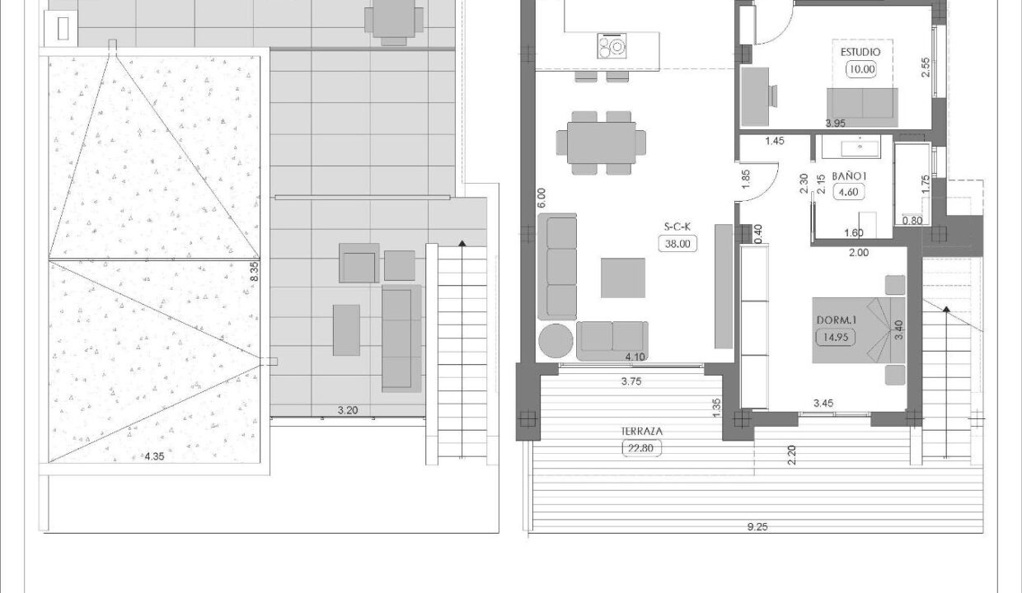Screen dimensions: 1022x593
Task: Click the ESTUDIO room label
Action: (x=860, y=53)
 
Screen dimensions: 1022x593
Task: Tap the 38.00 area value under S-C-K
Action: (x=677, y=244)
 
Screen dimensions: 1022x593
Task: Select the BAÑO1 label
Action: (x=849, y=176)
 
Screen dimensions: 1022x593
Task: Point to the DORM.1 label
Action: (x=837, y=320)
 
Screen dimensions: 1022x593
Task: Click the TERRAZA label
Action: (x=641, y=432)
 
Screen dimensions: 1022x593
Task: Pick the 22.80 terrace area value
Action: (x=641, y=449)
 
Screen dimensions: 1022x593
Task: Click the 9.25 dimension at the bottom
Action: (x=757, y=527)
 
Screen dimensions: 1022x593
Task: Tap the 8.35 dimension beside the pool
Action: (x=255, y=271)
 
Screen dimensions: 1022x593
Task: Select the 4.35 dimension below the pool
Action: (x=154, y=456)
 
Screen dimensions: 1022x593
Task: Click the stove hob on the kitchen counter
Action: (x=612, y=46)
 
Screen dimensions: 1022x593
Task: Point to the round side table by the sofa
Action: (x=556, y=340)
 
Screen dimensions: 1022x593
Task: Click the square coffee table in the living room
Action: (x=623, y=278)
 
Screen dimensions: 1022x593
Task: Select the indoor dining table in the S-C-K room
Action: (x=602, y=142)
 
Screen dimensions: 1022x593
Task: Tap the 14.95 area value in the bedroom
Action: (x=836, y=338)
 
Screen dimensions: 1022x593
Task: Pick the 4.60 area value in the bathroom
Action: (x=849, y=192)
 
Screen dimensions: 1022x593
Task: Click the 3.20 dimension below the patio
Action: (x=348, y=410)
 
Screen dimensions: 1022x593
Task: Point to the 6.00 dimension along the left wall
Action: (x=541, y=198)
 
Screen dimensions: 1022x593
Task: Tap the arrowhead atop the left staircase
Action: (x=462, y=244)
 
